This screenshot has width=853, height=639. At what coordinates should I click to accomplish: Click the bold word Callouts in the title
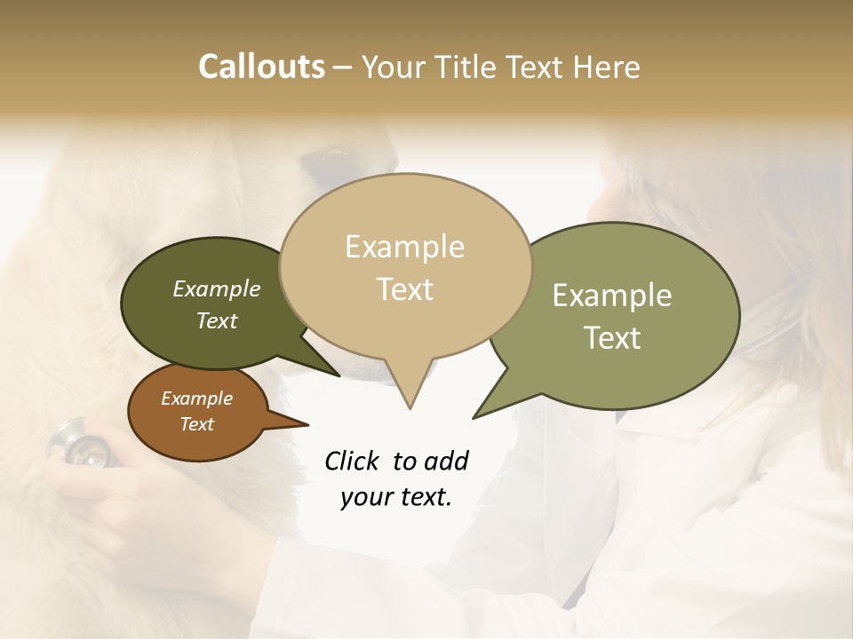click(x=261, y=67)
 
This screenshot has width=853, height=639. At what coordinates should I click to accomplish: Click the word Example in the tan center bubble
click(x=404, y=247)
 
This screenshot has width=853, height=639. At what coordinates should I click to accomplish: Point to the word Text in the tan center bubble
click(x=405, y=289)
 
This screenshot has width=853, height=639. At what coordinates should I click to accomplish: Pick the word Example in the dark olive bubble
click(x=216, y=289)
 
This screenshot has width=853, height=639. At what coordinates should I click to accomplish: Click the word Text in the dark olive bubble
click(x=217, y=320)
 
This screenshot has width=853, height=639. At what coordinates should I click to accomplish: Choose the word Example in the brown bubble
click(x=196, y=398)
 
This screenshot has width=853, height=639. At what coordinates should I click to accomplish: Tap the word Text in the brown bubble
click(x=196, y=424)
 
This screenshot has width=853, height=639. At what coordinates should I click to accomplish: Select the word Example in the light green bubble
click(x=611, y=296)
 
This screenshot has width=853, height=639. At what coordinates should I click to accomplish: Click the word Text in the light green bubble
click(x=613, y=338)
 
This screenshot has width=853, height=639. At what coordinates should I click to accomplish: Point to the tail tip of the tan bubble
click(x=410, y=408)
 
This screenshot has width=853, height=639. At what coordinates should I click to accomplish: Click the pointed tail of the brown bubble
click(x=307, y=424)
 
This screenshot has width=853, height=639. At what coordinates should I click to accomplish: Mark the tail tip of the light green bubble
click(x=474, y=417)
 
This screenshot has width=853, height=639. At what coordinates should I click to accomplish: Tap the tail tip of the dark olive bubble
click(x=339, y=375)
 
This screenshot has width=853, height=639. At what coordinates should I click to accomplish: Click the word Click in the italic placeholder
click(x=353, y=461)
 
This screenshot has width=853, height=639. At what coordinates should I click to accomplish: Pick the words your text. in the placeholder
click(x=395, y=498)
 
